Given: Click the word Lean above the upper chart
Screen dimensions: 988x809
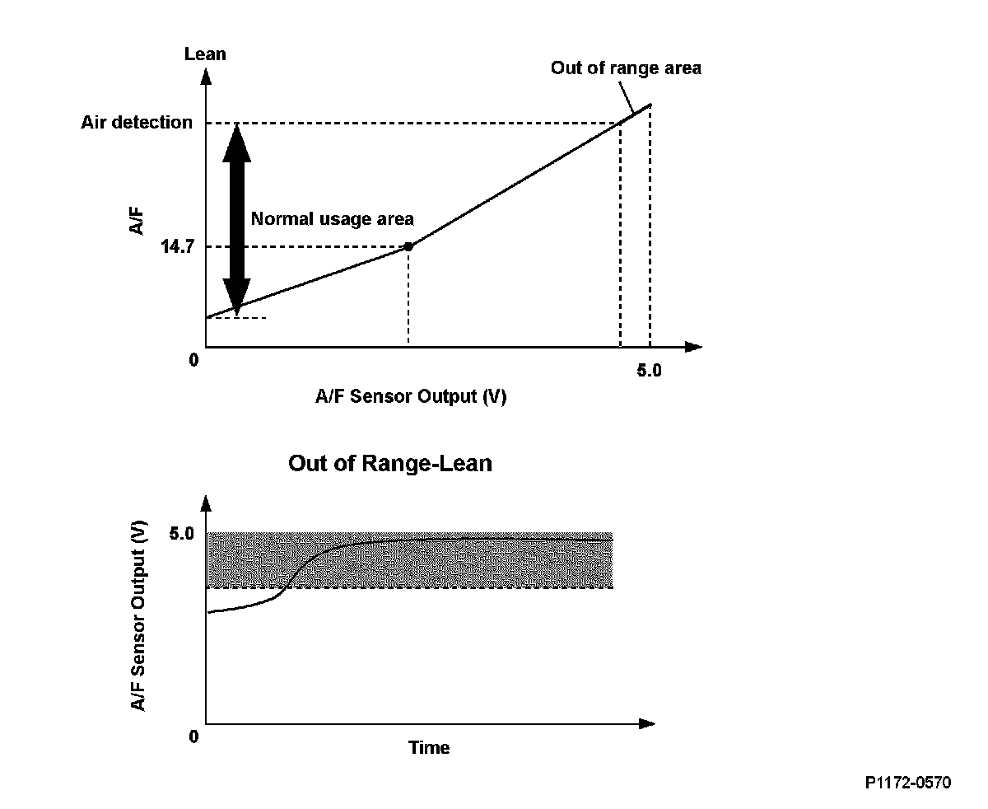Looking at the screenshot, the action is coord(205,54).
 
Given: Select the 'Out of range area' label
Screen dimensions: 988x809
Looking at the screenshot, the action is coord(626,68).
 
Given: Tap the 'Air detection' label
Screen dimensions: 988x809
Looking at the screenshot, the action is coord(137,122).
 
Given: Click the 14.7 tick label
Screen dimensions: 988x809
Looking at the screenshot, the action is coord(177,246).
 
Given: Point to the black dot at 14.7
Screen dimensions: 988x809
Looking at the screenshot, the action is coord(408,246).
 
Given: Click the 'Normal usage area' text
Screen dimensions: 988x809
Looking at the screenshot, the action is coord(332,219).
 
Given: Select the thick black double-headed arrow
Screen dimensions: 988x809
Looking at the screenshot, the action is coord(236,220).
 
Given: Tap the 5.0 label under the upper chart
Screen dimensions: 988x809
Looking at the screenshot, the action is coord(649,371).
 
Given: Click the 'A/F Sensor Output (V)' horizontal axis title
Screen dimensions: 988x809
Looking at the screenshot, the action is coord(411,396).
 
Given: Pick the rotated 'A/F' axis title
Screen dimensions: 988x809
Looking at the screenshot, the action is coord(137,221).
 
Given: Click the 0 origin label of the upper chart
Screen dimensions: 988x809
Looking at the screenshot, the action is coord(193,360).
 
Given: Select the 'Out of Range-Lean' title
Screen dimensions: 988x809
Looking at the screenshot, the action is coord(390,464).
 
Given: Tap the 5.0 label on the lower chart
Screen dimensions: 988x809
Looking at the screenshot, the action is coord(181,533).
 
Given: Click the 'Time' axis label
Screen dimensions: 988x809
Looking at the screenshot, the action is coord(429,747).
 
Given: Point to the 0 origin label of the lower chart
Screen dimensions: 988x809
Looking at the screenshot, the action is coord(193,737).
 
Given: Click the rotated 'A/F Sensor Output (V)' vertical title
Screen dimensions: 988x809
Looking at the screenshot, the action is coord(137,615).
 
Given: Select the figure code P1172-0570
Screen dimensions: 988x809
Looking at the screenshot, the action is coord(908,783).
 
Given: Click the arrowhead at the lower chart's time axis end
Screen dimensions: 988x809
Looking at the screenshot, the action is coord(647,723).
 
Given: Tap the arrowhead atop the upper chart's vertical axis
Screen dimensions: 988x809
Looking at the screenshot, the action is coord(206,77).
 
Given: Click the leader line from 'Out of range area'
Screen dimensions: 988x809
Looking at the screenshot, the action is coord(627,97).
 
